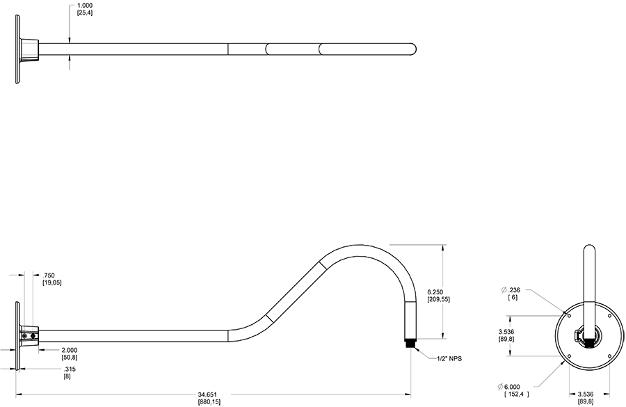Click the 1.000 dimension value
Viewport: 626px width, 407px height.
click(86, 6)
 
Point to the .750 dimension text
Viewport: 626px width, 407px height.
click(49, 276)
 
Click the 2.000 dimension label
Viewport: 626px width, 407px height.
click(70, 349)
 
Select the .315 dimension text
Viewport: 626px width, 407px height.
click(70, 369)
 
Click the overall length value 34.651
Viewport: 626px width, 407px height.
click(208, 394)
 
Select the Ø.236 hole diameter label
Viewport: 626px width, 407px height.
click(511, 289)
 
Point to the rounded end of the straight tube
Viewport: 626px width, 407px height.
click(413, 49)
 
